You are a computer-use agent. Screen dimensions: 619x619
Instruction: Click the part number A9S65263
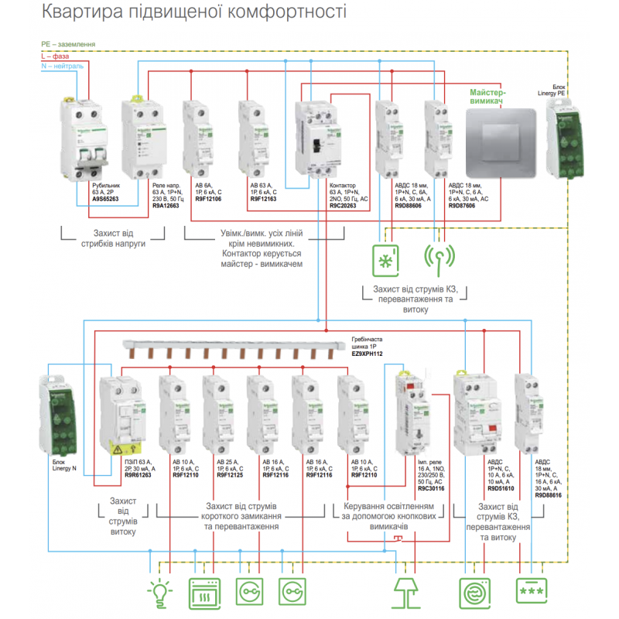[x=104, y=199]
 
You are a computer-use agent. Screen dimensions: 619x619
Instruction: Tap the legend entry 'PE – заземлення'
[x=68, y=45]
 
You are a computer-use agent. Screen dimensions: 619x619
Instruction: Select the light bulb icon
[x=160, y=592]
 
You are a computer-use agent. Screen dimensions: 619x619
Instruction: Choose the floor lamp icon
[x=407, y=592]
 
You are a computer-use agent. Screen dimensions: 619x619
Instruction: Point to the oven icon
[x=204, y=592]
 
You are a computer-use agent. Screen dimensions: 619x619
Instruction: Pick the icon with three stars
[x=531, y=592]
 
